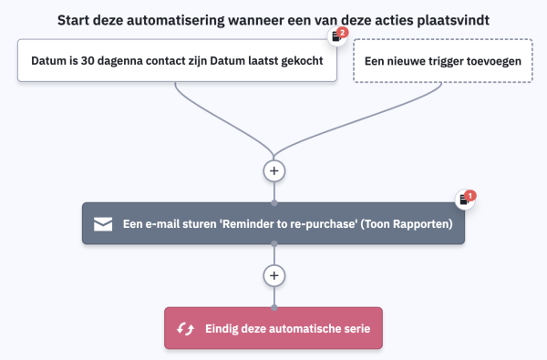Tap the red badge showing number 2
(x=342, y=33)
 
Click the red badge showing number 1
(x=470, y=195)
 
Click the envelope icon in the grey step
(x=103, y=223)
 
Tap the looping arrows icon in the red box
(x=185, y=328)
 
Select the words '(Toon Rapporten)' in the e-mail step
(x=408, y=223)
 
